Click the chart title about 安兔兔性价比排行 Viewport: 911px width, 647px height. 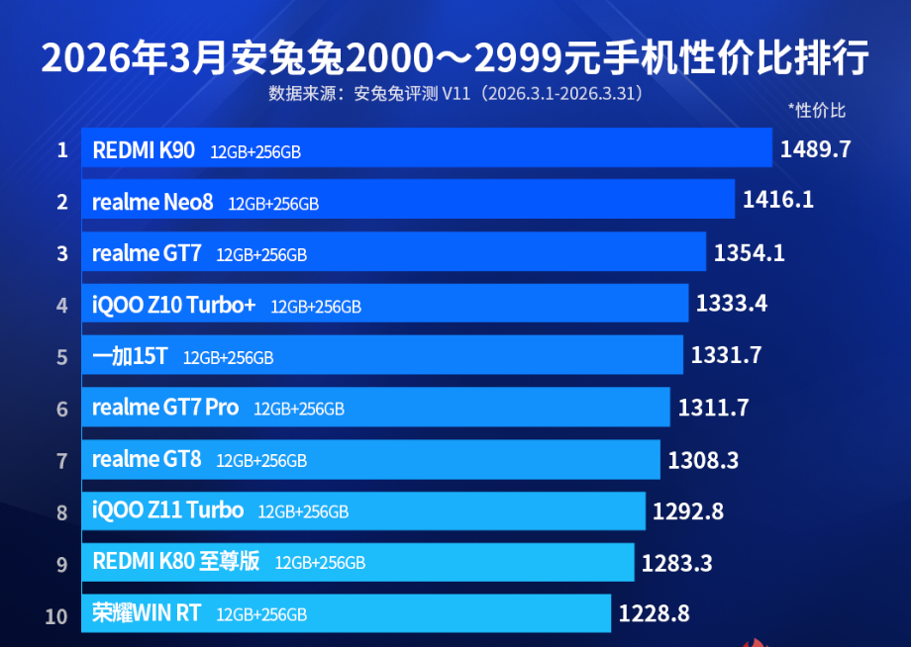point(455,57)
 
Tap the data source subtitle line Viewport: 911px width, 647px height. point(455,94)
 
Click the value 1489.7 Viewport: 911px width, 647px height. point(815,149)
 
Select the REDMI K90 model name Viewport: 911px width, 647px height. point(144,150)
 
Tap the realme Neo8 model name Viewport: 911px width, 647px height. point(152,203)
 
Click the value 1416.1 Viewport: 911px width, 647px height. point(777,201)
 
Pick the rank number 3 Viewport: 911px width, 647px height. point(62,254)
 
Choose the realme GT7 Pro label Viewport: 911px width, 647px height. point(165,407)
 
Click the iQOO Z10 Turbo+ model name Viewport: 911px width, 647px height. point(174,305)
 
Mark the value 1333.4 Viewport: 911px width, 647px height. point(732,304)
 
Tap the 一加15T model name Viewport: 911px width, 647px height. point(130,356)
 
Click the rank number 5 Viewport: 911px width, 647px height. point(62,356)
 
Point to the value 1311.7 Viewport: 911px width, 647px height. point(713,407)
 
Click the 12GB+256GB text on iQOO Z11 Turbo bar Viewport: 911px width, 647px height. point(303,512)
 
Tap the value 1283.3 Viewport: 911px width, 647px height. point(676,563)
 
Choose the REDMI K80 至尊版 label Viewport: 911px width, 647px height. point(176,562)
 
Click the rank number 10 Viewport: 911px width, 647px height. point(56,616)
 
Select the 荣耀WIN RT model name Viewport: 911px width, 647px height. point(147,613)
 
